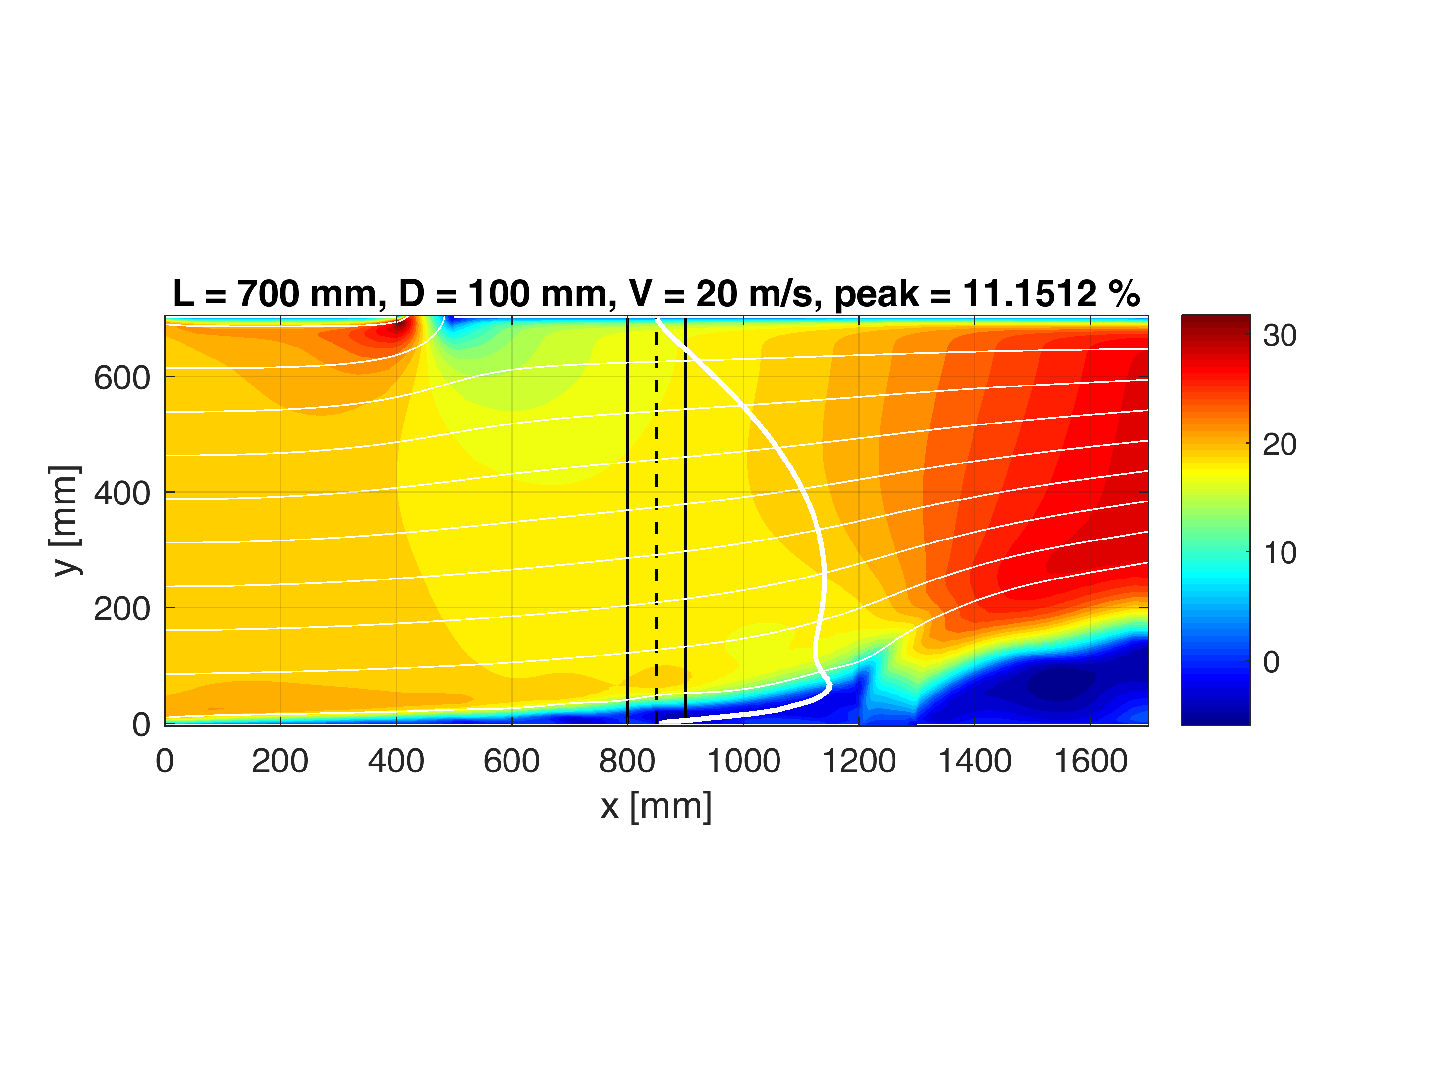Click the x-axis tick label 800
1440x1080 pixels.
coord(627,761)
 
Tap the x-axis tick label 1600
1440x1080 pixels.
coord(1090,761)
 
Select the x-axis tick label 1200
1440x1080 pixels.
coord(859,761)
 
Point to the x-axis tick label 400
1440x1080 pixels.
coord(396,761)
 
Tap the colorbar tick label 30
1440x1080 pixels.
coord(1279,335)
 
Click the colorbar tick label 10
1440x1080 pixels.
coord(1279,553)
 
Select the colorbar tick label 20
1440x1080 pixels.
coord(1279,445)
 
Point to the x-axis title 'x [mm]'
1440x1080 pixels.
coord(656,806)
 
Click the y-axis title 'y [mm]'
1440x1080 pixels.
coord(65,520)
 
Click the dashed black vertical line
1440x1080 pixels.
coord(656,521)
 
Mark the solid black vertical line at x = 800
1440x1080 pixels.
coord(627,521)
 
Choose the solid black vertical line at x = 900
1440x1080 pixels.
coord(686,521)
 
